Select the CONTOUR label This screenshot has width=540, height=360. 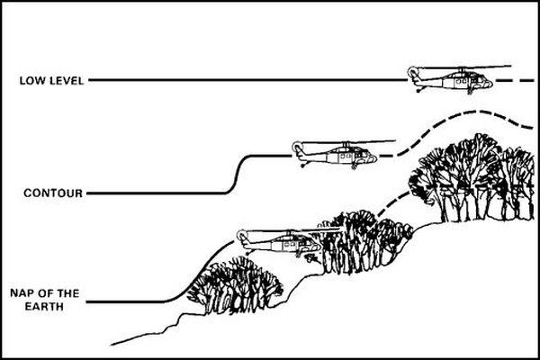pos(53,193)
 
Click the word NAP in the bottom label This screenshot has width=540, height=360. pos(22,293)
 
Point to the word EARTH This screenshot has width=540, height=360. pos(44,306)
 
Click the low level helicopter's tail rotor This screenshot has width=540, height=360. pos(412,72)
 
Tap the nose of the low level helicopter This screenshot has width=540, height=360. pos(489,83)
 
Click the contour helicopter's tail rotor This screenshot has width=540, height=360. pos(297,147)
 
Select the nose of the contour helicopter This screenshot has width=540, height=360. pos(373,158)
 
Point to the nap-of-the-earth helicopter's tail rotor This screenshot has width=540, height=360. pos(242,235)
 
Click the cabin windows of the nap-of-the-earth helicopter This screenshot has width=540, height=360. pos(289,244)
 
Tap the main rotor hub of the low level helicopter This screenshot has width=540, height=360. pos(462,70)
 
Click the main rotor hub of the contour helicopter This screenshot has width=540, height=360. pos(346,145)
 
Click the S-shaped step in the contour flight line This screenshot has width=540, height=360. pos(237,174)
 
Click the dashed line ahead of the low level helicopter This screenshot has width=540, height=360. pos(515,81)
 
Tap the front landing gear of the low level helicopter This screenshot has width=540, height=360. pos(469,91)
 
